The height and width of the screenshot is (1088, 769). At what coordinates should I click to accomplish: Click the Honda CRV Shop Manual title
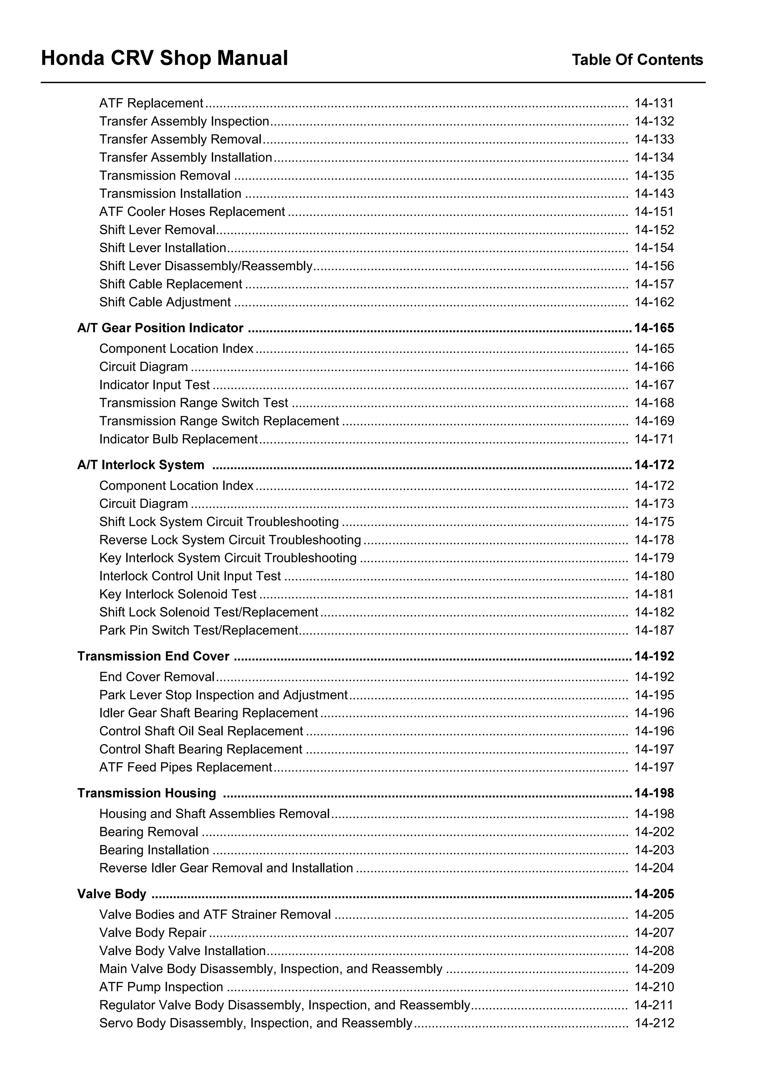(x=164, y=58)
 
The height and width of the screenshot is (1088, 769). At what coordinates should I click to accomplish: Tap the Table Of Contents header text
(x=637, y=60)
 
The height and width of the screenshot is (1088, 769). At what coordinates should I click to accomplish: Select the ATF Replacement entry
(x=151, y=103)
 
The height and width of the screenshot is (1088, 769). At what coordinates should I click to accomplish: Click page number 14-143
(x=654, y=194)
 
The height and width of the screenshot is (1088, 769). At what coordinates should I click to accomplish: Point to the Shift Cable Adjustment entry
(x=165, y=302)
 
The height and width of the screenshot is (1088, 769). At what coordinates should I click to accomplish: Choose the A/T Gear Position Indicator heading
(x=160, y=328)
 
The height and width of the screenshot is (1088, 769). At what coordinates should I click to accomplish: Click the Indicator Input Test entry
(x=154, y=385)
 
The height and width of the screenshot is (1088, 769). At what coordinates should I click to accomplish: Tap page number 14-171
(x=654, y=439)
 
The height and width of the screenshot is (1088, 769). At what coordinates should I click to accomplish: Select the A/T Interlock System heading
(x=141, y=465)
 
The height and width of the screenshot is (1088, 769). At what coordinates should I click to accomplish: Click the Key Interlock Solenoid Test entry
(x=178, y=594)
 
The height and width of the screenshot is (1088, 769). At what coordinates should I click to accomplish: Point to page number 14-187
(x=654, y=630)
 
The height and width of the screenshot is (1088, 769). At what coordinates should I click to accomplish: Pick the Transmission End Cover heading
(x=153, y=656)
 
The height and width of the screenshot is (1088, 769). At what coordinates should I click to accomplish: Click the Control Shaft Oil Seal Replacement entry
(x=201, y=731)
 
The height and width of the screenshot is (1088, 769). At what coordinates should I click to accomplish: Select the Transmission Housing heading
(x=146, y=793)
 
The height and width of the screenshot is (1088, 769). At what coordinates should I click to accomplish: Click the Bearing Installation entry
(x=154, y=850)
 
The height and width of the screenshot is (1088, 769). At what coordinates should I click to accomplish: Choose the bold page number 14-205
(x=654, y=894)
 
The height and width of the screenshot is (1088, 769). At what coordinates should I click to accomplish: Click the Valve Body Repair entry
(x=152, y=933)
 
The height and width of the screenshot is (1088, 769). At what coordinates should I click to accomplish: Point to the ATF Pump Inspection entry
(x=161, y=987)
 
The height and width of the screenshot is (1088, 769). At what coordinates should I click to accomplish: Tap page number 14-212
(x=654, y=1023)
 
